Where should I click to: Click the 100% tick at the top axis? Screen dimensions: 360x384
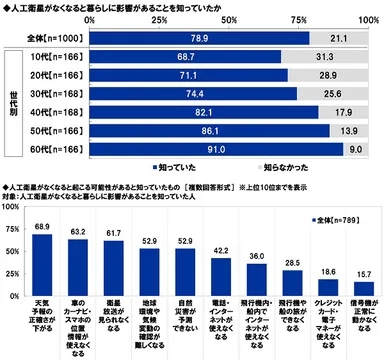point(365,19)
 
